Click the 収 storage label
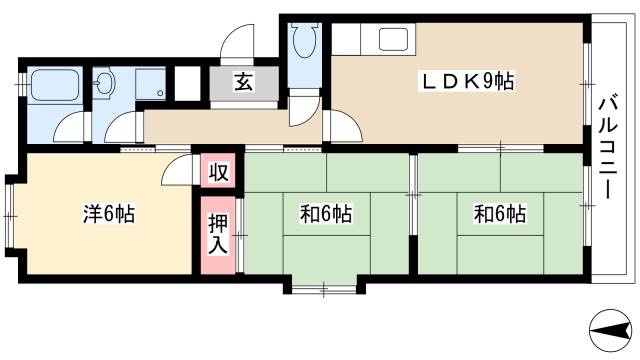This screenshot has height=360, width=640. [x=218, y=171]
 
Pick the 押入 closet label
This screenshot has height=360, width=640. [x=218, y=232]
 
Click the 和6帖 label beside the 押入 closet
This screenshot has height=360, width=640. [x=326, y=212]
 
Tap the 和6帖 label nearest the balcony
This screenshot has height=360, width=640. [x=499, y=212]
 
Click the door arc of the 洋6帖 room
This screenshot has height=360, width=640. [x=177, y=170]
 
